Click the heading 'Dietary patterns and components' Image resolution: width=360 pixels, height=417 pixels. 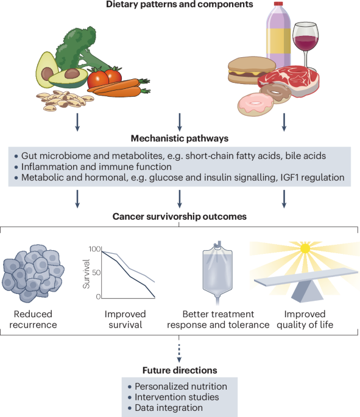click(179, 6)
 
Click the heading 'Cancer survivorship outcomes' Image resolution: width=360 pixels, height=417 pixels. click(179, 216)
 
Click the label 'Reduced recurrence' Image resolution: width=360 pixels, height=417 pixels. click(34, 319)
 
